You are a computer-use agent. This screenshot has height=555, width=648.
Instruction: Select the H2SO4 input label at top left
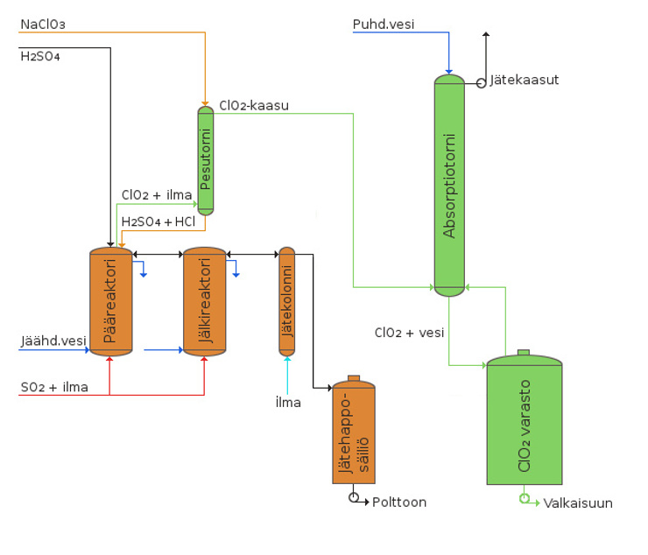tap(39, 56)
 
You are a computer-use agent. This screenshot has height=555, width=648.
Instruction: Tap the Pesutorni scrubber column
tap(206, 160)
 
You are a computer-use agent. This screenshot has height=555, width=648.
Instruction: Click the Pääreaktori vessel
tap(111, 301)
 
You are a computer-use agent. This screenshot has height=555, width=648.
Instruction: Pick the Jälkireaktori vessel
tap(204, 301)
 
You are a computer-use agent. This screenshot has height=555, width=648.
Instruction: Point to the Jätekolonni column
tap(287, 302)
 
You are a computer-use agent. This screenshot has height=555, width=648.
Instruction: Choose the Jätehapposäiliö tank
tap(354, 433)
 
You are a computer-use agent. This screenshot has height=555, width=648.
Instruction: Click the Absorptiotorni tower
tap(448, 186)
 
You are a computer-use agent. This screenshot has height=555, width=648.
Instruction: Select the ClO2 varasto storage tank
tap(525, 422)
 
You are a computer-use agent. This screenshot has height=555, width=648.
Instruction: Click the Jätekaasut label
tap(525, 80)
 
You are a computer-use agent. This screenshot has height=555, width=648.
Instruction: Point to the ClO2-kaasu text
tap(254, 105)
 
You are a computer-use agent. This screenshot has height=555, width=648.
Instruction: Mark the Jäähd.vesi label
tap(53, 341)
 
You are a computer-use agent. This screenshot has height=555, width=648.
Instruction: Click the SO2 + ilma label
tap(54, 386)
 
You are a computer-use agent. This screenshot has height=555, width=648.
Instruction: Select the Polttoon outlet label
tap(399, 502)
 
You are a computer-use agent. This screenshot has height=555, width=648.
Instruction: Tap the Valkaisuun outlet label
tap(578, 502)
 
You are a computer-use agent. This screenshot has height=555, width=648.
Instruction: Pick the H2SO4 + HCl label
tap(158, 221)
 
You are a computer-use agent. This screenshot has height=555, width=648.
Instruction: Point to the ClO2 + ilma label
tap(157, 194)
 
